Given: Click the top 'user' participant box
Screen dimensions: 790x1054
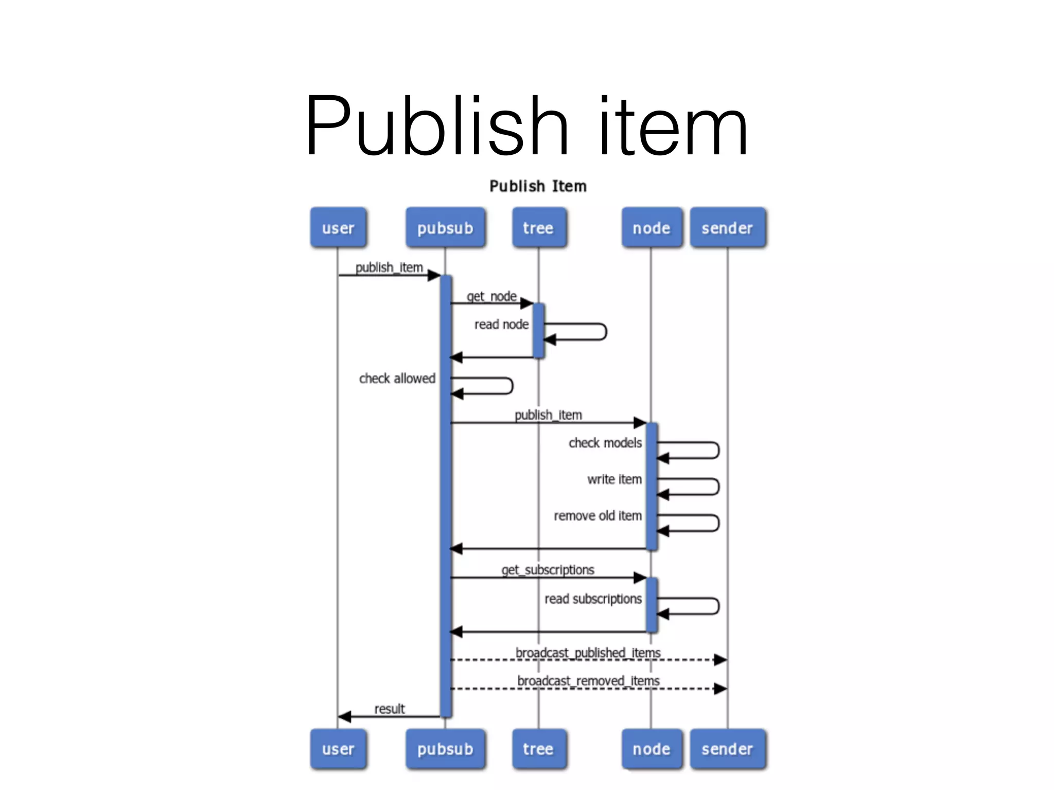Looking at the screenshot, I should coord(338,227).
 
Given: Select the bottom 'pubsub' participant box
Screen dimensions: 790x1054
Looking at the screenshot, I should coord(445,749).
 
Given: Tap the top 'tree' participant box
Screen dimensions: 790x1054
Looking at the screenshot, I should coord(538,227).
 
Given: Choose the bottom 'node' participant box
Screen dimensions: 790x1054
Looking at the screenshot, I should coord(652,749).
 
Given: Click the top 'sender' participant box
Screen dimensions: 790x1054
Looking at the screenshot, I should coord(727,227).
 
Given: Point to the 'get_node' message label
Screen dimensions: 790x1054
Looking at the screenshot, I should coord(491,296).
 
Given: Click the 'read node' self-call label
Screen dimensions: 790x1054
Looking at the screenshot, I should coord(501,325).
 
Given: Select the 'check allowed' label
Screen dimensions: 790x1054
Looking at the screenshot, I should coord(397,379).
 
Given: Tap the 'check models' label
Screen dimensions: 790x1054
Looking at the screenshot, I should coord(605,443).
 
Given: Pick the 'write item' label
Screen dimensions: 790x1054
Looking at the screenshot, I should coord(614,479).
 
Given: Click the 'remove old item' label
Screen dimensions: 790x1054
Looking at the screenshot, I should coord(598,516).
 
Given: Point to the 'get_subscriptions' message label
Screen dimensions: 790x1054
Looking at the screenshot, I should coord(548,570).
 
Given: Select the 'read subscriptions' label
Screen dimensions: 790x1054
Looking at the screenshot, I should coord(593,599).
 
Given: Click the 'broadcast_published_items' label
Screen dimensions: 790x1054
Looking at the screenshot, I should coord(588,653).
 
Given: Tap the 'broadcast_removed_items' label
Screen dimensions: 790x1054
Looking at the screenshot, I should coord(588,681).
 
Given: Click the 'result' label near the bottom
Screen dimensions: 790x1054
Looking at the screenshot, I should coord(389,709).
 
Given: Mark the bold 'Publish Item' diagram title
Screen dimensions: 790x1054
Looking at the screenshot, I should coord(538,186).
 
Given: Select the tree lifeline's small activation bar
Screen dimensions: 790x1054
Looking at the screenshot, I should coord(538,330).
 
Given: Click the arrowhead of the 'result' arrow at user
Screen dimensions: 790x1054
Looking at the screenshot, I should coord(344,716).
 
